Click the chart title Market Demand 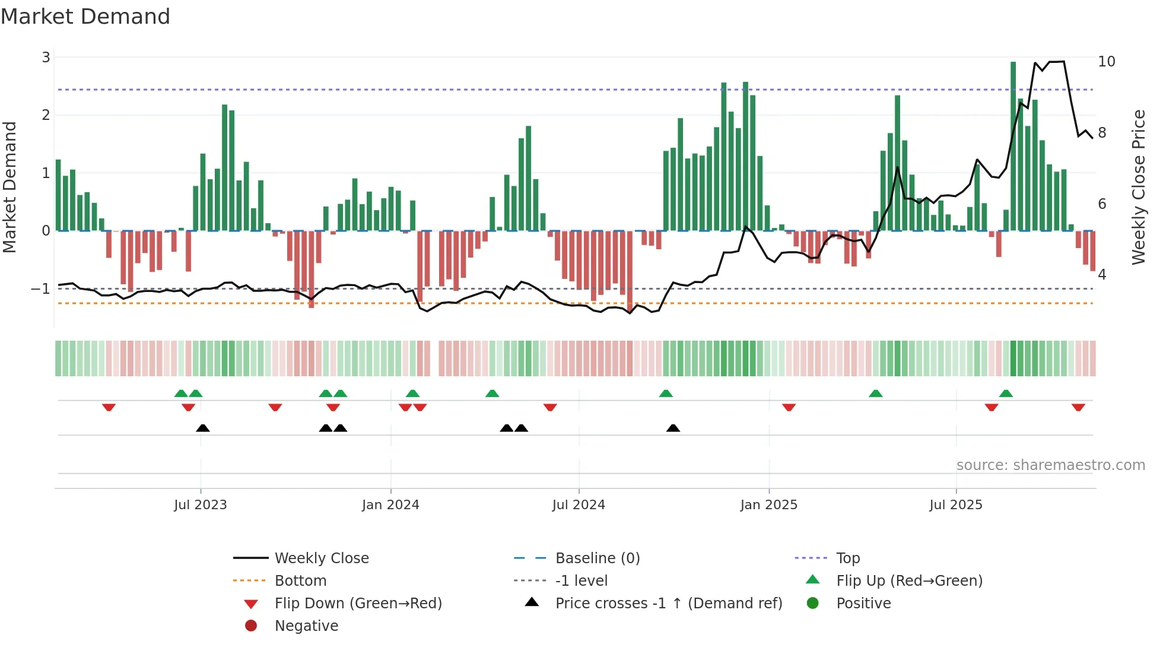[x=85, y=17]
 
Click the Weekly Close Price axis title [x=1138, y=187]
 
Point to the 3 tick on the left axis [x=46, y=58]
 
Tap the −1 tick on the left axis [x=40, y=289]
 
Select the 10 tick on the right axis [x=1106, y=62]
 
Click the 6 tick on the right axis [x=1102, y=204]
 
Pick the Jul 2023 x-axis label [x=201, y=505]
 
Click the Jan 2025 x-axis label [x=769, y=505]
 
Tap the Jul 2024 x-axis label [x=579, y=505]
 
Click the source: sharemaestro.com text [x=1050, y=465]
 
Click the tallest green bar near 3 [x=1013, y=145]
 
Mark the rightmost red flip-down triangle [x=1078, y=407]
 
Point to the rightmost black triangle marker [x=673, y=428]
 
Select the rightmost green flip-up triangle [x=1006, y=393]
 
